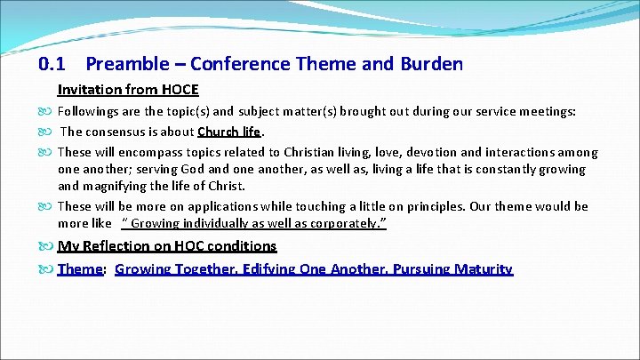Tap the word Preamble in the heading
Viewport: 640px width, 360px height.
click(124, 64)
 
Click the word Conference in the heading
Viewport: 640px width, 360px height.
click(234, 64)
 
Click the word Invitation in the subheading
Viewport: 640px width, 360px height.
click(87, 90)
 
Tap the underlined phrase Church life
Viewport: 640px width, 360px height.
click(229, 132)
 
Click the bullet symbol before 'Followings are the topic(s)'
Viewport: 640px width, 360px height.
click(47, 112)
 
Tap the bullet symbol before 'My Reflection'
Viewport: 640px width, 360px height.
click(47, 246)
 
